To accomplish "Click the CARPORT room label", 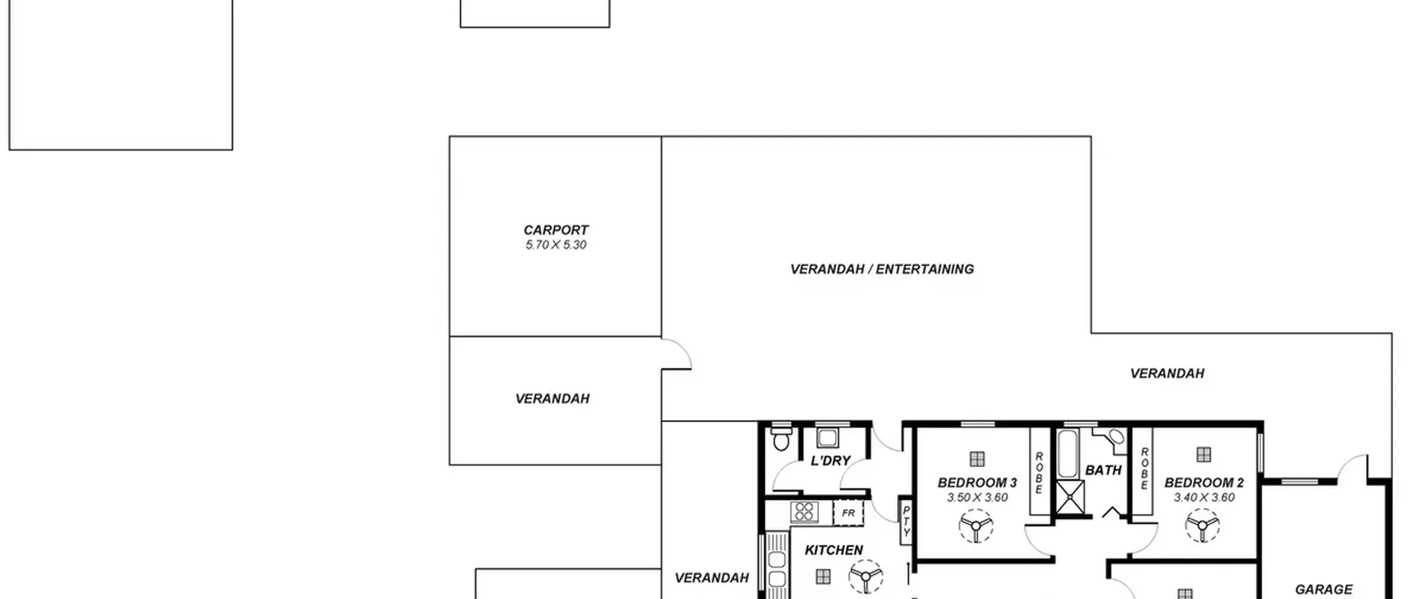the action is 556,230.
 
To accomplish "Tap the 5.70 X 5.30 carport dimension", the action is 556,245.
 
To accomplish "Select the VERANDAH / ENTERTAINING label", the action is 882,269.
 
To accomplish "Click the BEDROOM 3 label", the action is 977,483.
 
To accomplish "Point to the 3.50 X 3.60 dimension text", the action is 978,498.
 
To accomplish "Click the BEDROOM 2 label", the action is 1204,483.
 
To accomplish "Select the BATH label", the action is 1103,471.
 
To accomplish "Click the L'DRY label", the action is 831,461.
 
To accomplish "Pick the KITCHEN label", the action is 834,551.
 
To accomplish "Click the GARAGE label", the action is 1324,590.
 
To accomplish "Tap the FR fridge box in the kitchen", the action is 848,513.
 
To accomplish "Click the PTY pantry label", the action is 906,520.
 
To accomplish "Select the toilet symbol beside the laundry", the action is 781,438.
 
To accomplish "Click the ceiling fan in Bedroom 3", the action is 976,526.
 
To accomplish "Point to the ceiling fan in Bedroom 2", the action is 1202,525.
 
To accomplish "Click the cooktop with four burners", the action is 804,512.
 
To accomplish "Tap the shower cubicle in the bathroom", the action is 1070,497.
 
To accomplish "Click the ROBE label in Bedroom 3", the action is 1039,473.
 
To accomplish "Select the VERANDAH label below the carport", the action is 552,399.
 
